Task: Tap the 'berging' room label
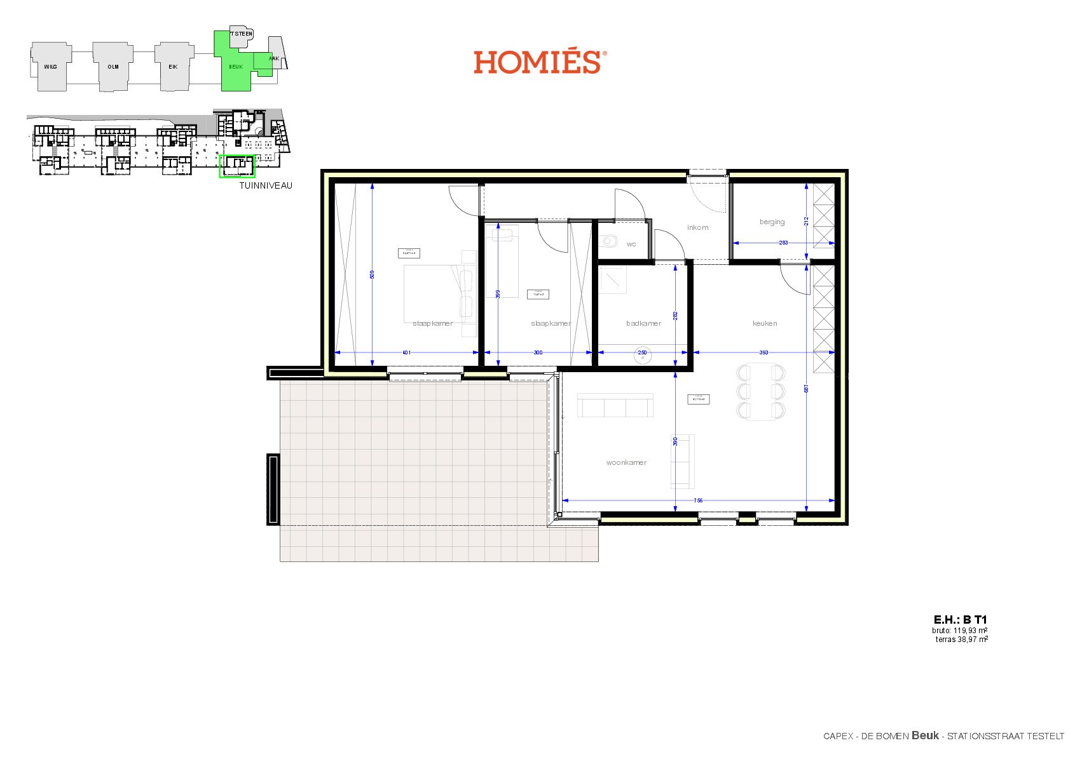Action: (x=772, y=222)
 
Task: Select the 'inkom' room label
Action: (x=697, y=227)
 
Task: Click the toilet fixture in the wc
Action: (x=610, y=241)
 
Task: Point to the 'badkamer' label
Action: (x=643, y=323)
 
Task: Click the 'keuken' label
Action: (x=765, y=323)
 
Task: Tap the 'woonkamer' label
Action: (x=626, y=462)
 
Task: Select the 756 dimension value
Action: (x=698, y=500)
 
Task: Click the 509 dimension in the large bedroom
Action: (x=372, y=275)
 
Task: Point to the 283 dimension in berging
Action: (x=783, y=243)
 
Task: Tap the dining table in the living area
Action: (x=760, y=391)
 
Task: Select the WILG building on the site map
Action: (x=50, y=66)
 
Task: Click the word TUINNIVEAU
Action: (x=266, y=186)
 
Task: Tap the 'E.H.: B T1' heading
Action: (x=960, y=620)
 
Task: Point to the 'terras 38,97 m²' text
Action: (x=961, y=640)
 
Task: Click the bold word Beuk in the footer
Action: (x=925, y=735)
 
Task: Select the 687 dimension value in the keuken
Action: (x=806, y=389)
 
